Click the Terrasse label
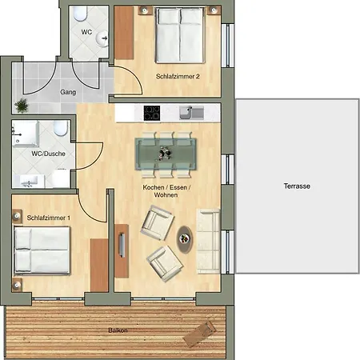(x=297, y=186)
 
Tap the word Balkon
(x=118, y=330)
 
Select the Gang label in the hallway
(x=68, y=92)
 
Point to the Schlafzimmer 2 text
(x=178, y=76)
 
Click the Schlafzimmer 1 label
(x=49, y=218)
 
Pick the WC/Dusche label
(x=48, y=154)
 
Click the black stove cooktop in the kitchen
(x=152, y=113)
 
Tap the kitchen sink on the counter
(x=191, y=113)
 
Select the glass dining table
(x=166, y=154)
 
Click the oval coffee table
(x=184, y=239)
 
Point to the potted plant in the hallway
(x=22, y=106)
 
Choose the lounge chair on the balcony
(x=199, y=334)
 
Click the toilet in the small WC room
(x=80, y=14)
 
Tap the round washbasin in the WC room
(x=102, y=39)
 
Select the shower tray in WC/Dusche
(x=26, y=134)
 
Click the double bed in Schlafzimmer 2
(x=180, y=35)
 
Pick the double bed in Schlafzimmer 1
(x=42, y=250)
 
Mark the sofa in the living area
(x=208, y=242)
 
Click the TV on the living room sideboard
(x=122, y=245)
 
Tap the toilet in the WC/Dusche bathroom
(x=61, y=128)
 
